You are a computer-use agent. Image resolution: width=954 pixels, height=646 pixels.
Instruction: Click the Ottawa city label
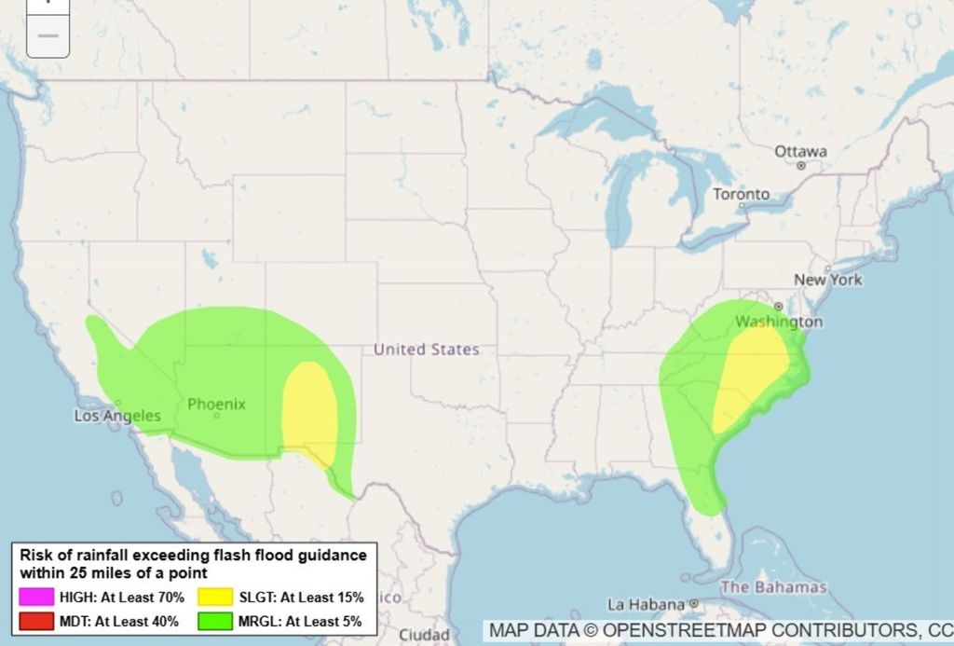800,151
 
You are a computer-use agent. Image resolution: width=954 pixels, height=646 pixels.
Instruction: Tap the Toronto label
742,194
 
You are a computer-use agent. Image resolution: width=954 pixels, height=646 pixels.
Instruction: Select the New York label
828,280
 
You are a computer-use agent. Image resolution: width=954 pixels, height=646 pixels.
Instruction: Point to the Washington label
779,322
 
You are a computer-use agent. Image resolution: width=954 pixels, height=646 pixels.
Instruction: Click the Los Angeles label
117,416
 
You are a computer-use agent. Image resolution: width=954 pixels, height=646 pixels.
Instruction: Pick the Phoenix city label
217,404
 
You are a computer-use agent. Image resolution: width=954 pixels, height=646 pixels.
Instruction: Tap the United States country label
427,350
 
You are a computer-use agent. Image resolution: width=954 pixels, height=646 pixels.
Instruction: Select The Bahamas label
773,587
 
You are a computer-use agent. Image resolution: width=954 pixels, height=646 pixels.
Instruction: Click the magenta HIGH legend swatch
36,598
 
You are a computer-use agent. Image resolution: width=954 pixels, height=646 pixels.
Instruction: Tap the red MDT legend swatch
36,621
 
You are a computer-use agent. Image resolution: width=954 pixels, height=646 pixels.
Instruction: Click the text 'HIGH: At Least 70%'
122,598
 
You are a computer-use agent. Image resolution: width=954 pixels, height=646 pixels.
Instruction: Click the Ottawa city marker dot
801,166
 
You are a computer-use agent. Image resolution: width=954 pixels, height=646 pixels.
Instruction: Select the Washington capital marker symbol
778,307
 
